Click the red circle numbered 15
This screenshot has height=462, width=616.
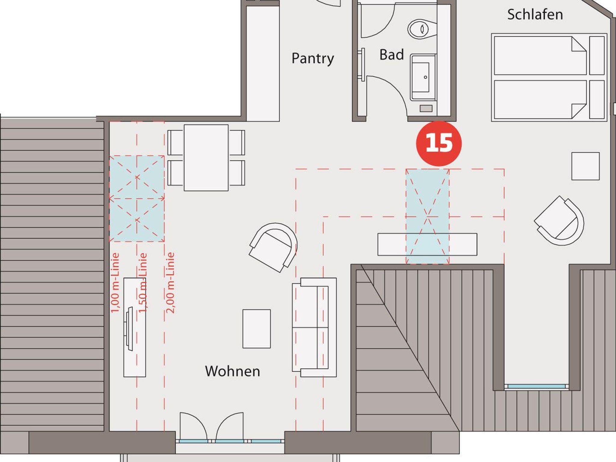439,143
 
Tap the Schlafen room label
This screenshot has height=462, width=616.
535,14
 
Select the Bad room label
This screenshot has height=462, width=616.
392,55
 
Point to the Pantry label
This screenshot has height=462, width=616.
313,58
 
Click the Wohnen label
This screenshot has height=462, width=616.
233,371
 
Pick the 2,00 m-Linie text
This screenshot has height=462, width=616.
170,283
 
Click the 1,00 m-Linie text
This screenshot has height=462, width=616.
115,283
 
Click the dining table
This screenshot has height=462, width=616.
206,158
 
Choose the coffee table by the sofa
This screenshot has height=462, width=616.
257,329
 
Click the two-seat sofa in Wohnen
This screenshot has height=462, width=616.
314,327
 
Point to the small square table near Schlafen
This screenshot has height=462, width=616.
585,166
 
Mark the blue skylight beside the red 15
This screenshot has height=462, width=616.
427,217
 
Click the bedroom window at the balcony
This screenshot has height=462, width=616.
536,386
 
